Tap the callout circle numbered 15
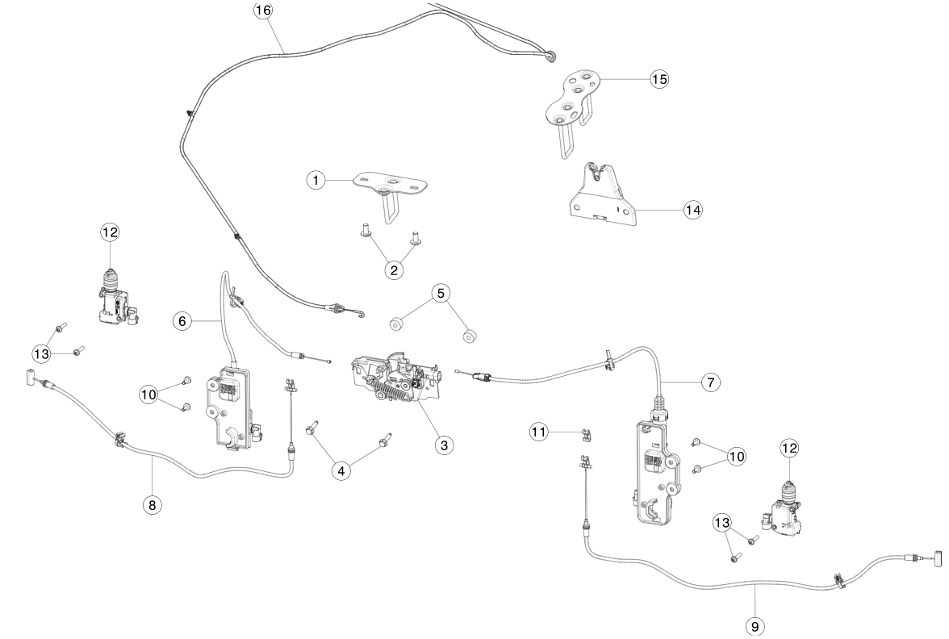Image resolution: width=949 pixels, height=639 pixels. coord(660,79)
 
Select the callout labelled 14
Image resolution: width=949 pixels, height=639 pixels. coord(692,210)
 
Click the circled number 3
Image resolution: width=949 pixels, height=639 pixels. coord(442,445)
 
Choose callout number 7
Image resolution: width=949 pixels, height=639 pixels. coord(709,382)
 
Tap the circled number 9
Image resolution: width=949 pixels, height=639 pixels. coord(755,624)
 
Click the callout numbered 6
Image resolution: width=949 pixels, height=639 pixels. coord(182,321)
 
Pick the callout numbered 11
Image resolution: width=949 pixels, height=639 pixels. coord(540,432)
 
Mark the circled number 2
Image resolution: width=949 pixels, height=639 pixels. coord(395,270)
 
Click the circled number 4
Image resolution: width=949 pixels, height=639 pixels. coord(345,470)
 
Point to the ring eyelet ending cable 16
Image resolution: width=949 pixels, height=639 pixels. coord(550,56)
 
